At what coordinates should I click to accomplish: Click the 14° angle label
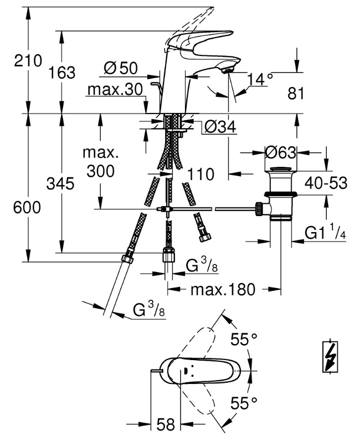(260, 79)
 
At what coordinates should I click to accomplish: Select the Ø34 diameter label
(220, 127)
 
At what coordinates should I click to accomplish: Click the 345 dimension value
(61, 183)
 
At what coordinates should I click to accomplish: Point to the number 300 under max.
(101, 171)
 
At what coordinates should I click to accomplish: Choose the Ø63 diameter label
(281, 152)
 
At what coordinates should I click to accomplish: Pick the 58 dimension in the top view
(164, 425)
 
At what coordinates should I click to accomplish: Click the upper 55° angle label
(245, 340)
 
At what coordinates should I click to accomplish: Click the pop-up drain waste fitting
(279, 191)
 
